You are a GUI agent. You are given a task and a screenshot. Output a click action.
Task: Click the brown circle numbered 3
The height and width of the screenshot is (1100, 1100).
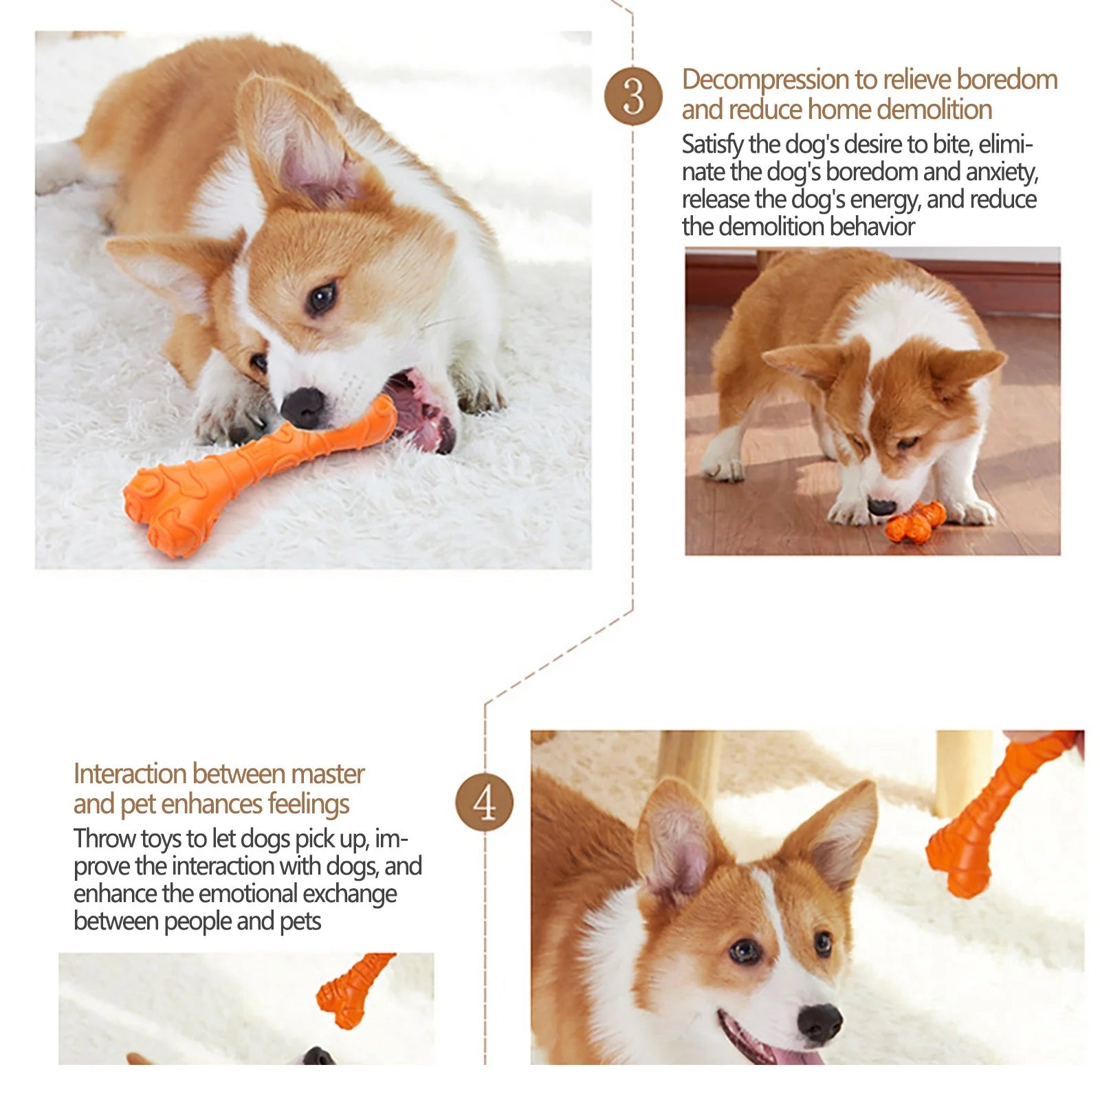tap(633, 96)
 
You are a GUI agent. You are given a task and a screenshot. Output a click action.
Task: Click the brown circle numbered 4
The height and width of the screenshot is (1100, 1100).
tap(485, 802)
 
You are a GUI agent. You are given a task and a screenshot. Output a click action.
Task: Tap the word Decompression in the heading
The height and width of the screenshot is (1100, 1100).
tap(765, 80)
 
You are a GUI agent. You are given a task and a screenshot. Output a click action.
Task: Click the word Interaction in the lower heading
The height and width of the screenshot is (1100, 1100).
tap(130, 774)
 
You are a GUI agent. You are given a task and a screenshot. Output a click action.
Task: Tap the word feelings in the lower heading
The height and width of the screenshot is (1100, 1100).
tap(308, 804)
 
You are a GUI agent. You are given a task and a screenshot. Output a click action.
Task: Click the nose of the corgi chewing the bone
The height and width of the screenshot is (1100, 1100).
tap(302, 406)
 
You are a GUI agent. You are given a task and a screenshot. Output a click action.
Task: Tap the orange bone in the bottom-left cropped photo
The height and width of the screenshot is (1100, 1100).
tap(350, 990)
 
